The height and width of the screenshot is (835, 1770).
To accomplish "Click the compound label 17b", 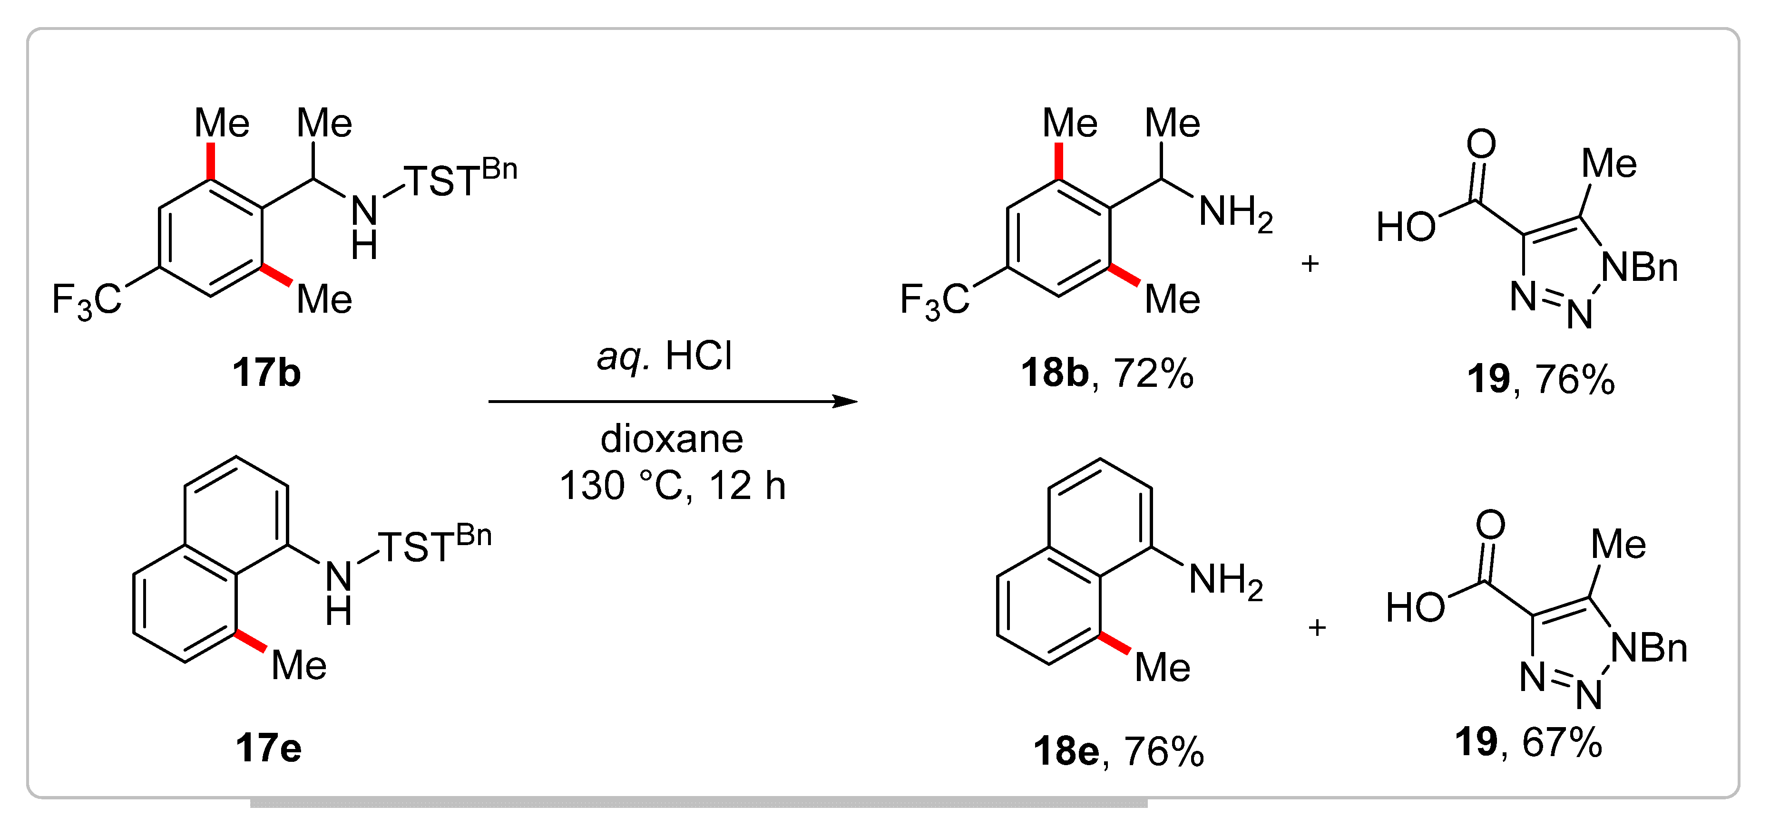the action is (266, 373).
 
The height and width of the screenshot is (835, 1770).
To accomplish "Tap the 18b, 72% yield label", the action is (1107, 373).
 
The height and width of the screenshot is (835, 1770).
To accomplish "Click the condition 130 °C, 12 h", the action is (672, 486).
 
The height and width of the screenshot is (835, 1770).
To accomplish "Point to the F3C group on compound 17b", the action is (87, 300).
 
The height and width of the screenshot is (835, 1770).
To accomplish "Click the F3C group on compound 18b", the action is (935, 300).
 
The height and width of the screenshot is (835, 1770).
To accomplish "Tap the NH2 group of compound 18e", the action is (1225, 580).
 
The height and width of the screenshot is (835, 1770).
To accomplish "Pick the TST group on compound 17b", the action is (440, 181).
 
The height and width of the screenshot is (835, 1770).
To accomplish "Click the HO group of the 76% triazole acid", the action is (1406, 227).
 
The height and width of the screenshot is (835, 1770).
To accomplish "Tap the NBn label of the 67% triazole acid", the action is (1649, 648).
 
